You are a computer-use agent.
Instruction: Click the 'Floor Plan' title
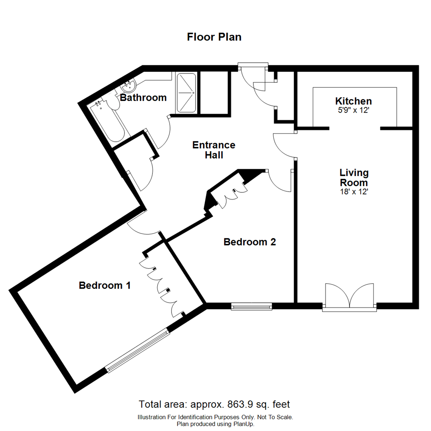point(214,37)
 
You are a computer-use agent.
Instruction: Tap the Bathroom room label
point(143,97)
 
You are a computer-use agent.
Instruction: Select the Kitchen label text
point(353,101)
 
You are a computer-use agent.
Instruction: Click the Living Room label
point(354,178)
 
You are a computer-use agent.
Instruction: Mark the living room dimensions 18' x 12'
point(354,192)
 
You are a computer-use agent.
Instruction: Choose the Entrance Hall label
point(214,150)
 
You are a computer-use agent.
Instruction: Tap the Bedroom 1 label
point(105,285)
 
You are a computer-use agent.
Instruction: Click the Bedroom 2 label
point(250,242)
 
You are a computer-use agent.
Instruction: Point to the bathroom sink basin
point(129,85)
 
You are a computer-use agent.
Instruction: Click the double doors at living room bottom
point(350,296)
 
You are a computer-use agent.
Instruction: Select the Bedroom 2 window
point(251,306)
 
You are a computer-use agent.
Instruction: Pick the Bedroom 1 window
point(138,350)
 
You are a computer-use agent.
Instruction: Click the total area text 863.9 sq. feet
point(214,404)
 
